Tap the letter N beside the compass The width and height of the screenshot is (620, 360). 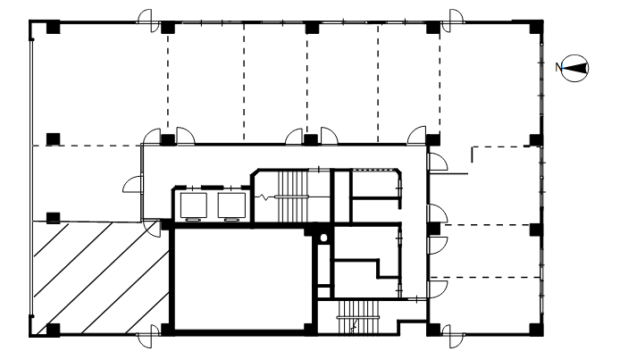[558, 68]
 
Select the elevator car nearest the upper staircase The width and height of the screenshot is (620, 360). [231, 205]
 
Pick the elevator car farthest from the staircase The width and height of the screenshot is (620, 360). [194, 205]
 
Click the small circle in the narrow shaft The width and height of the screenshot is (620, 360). [323, 238]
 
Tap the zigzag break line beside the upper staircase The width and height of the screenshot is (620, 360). [264, 197]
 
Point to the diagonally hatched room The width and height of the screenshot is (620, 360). [101, 278]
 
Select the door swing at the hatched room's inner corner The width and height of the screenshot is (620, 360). [152, 229]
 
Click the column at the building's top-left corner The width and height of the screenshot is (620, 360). [54, 28]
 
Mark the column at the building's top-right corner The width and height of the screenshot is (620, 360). [536, 27]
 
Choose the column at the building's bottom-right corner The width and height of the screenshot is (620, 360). [536, 330]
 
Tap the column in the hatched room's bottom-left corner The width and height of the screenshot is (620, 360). [54, 330]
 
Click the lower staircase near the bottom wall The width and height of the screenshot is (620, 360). [358, 317]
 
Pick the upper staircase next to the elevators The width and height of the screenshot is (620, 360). [293, 197]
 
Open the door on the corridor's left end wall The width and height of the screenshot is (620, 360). [134, 185]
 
